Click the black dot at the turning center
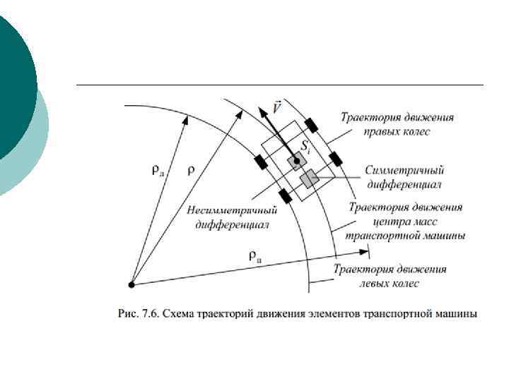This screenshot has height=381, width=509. pyautogui.click(x=131, y=284)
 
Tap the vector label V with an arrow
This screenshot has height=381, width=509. pyautogui.click(x=278, y=110)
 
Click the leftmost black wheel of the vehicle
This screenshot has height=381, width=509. pyautogui.click(x=260, y=162)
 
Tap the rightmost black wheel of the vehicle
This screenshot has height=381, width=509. pyautogui.click(x=336, y=158)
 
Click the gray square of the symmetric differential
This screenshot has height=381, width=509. pyautogui.click(x=308, y=179)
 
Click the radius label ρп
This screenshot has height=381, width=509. pyautogui.click(x=257, y=256)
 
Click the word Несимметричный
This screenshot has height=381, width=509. pyautogui.click(x=232, y=211)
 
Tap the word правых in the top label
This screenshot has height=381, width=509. pyautogui.click(x=380, y=131)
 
